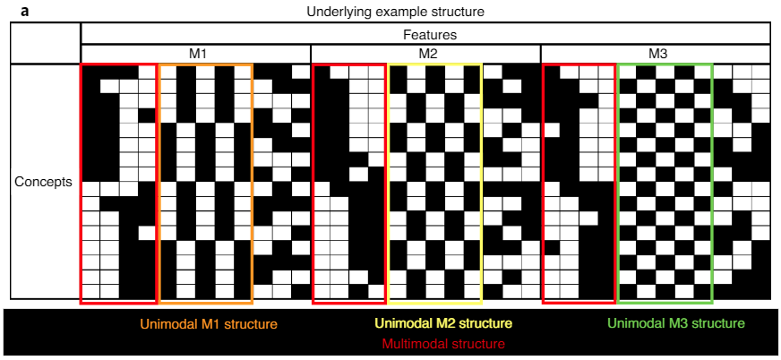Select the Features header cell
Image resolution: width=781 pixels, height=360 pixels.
[x=428, y=35]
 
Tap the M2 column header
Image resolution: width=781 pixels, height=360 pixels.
[x=428, y=54]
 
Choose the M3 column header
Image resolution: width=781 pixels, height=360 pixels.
[x=657, y=54]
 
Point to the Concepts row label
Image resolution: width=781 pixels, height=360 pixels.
[x=43, y=182]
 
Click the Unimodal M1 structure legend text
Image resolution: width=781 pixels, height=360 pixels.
[x=208, y=323]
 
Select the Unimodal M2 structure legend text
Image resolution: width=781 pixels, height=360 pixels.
[x=443, y=323]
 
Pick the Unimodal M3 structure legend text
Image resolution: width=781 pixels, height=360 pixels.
[x=676, y=323]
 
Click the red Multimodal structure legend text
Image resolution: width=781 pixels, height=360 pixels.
[x=443, y=343]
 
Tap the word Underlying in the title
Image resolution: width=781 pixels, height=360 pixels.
[x=333, y=12]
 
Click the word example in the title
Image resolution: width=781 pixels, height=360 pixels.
[x=389, y=12]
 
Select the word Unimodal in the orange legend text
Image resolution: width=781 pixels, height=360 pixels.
[x=166, y=323]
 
